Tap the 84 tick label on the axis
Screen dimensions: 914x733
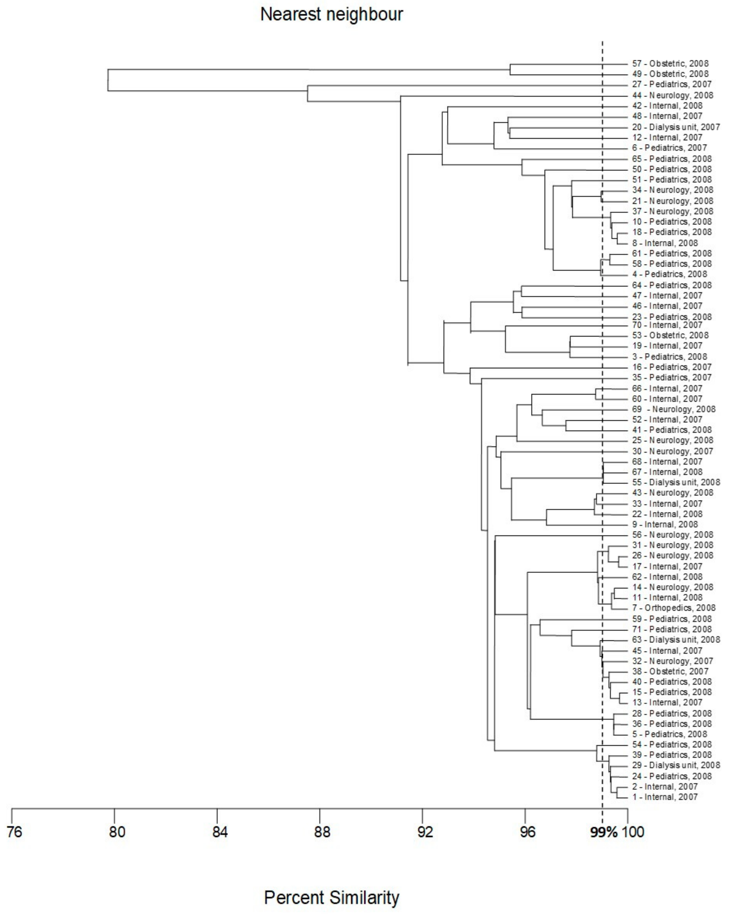click(x=219, y=832)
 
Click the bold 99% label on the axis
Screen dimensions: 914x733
click(x=604, y=832)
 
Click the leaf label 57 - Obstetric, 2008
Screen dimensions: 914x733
click(x=670, y=64)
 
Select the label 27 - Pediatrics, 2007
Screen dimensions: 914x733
click(x=672, y=84)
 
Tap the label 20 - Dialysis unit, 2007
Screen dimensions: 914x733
click(x=676, y=127)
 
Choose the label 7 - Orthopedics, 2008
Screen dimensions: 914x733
click(x=674, y=608)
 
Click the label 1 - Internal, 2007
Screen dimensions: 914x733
click(x=664, y=797)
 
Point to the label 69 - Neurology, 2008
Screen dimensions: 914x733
click(x=674, y=409)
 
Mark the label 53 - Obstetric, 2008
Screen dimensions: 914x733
click(x=670, y=335)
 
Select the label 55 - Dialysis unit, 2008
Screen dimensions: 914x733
click(x=676, y=483)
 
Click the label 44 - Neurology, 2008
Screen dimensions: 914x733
click(x=672, y=95)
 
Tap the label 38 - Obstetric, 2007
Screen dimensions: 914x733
click(x=670, y=672)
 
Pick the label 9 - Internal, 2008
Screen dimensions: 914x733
click(x=664, y=525)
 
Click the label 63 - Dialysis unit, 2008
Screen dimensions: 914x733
click(x=676, y=640)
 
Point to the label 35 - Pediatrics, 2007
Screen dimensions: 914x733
click(x=672, y=377)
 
